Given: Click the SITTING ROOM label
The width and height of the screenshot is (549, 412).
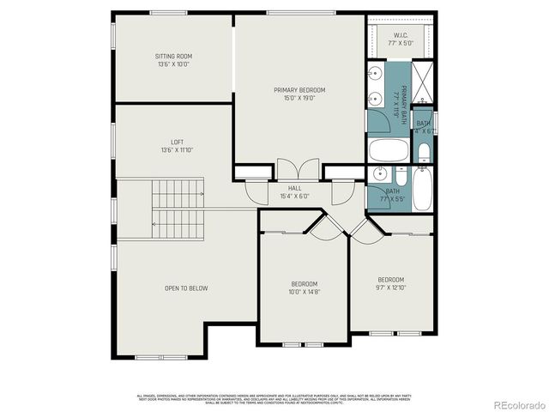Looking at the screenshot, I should click(x=172, y=56).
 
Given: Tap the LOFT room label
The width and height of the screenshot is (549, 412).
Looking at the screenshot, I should click(x=177, y=142).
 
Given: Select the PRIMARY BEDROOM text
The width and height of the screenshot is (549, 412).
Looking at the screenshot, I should click(x=299, y=89).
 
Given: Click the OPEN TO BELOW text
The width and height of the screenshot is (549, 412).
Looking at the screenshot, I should click(x=186, y=288).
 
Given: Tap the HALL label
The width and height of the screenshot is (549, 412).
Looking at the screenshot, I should click(x=294, y=188).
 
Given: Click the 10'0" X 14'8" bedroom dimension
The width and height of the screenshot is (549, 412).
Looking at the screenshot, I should click(x=304, y=293).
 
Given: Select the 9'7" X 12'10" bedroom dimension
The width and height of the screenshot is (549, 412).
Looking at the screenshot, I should click(x=390, y=288).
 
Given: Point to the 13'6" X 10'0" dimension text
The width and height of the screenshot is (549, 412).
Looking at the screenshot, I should click(x=172, y=64).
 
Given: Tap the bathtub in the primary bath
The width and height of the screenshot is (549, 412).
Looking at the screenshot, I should click(x=390, y=151).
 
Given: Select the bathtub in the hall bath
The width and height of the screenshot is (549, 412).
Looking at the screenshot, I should click(x=423, y=189).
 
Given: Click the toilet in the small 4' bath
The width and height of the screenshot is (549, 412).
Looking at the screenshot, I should click(x=424, y=152).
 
